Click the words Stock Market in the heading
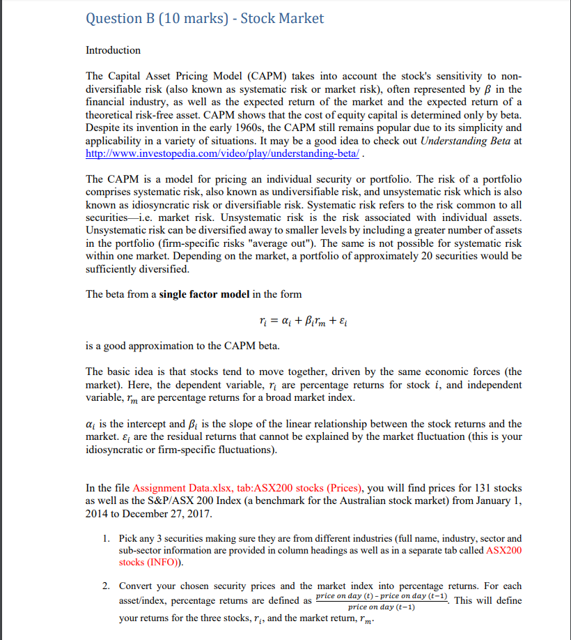coord(282,18)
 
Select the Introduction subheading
coord(113,50)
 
